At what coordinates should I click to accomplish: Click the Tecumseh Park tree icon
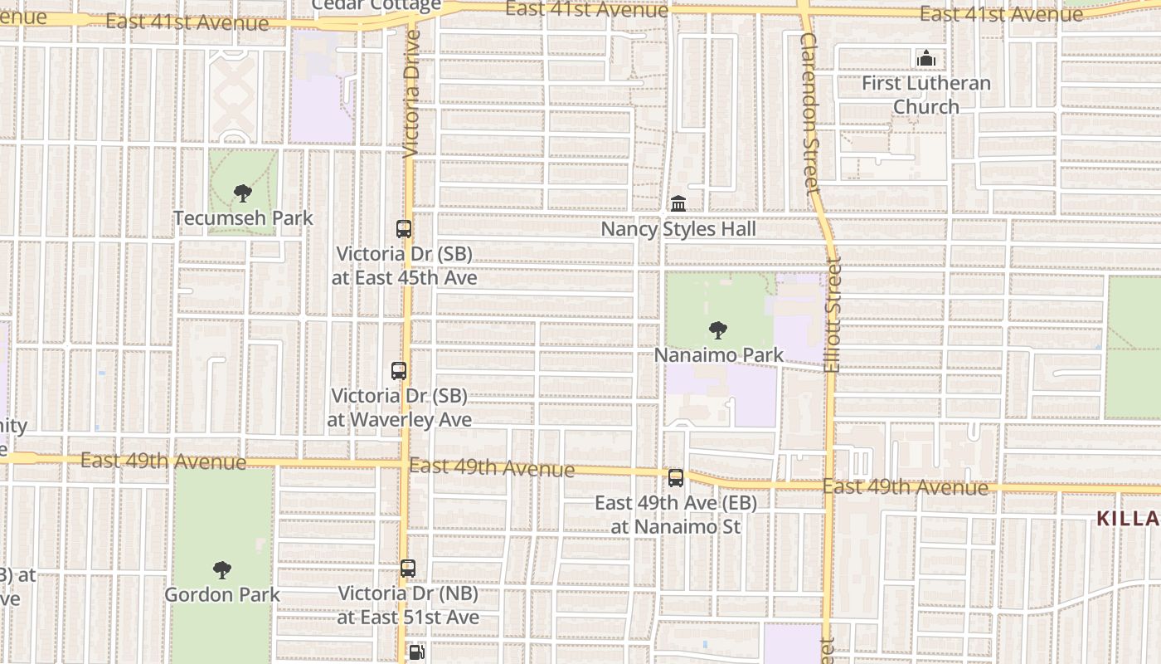coord(242,193)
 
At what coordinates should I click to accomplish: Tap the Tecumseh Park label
coord(243,218)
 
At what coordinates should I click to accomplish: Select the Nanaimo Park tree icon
coord(718,330)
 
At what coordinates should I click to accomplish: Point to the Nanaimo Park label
coord(718,355)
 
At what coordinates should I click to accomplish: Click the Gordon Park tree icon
coord(221,570)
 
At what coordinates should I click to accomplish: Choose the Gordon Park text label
coord(221,595)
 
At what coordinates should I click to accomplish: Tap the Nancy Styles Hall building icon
coord(678,203)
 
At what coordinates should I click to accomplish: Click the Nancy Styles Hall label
coord(678,229)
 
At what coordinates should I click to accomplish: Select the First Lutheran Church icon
coord(925,58)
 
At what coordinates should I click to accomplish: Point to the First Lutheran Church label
coord(925,95)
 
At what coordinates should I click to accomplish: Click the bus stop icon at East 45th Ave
coord(404,229)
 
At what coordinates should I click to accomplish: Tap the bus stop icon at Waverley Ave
coord(399,371)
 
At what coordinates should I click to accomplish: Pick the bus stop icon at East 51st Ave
coord(408,569)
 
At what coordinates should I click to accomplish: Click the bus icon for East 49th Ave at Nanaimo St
coord(676,478)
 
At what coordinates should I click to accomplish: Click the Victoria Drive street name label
coord(411,93)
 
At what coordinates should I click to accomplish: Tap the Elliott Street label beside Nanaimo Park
coord(833,314)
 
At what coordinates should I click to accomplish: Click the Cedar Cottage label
coord(376,6)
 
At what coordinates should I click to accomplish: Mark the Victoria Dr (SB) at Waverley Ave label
coord(399,408)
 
